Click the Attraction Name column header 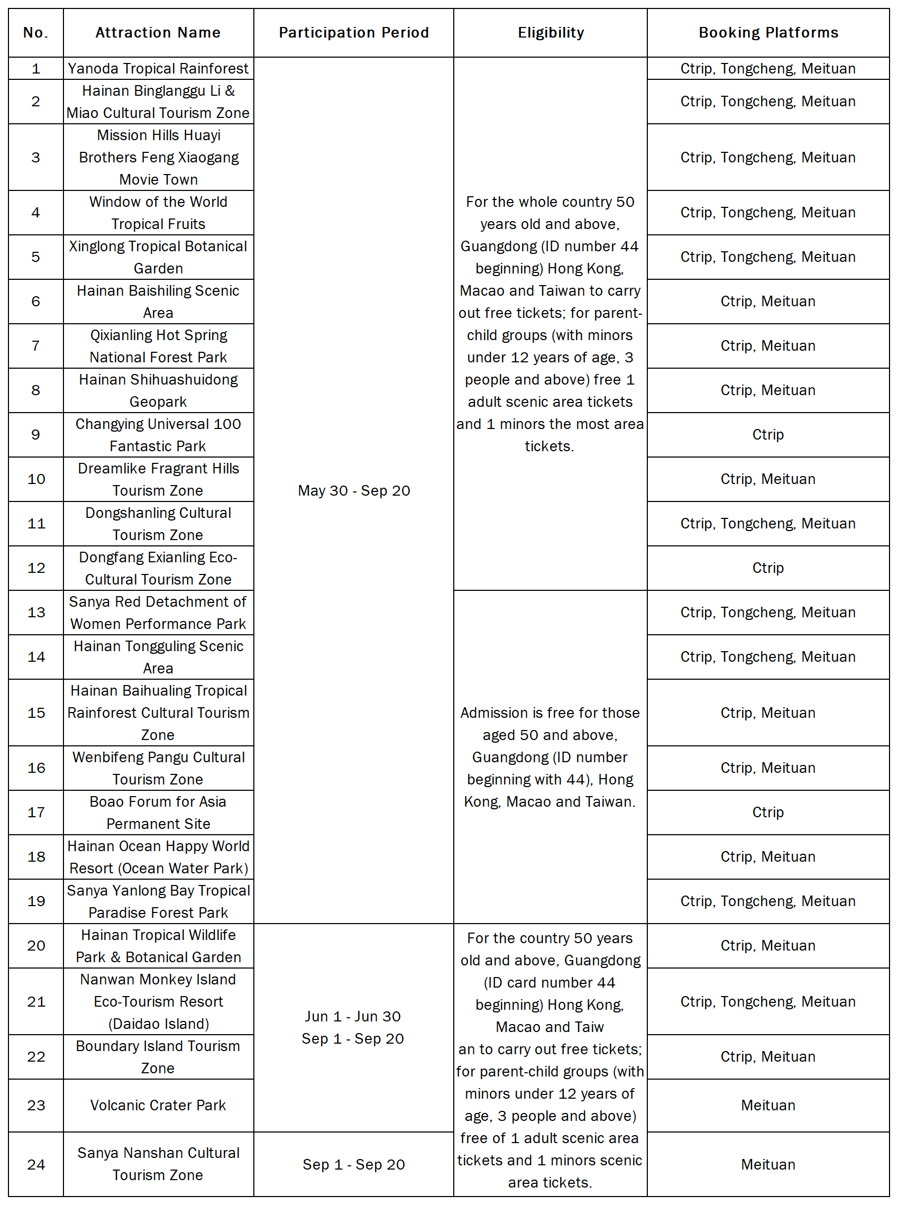158,33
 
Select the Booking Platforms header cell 768,33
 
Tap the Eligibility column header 550,33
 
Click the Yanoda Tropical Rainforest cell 158,69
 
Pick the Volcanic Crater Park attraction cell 158,1105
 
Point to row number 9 36,434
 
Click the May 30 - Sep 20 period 354,490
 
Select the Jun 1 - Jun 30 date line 353,1016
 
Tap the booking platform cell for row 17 768,812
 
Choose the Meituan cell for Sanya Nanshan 768,1164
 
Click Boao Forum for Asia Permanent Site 158,813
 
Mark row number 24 36,1164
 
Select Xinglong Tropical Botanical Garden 158,257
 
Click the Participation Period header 354,33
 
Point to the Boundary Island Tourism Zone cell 158,1056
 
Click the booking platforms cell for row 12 768,568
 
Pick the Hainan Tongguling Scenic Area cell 158,657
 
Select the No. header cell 36,33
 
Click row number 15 36,713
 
